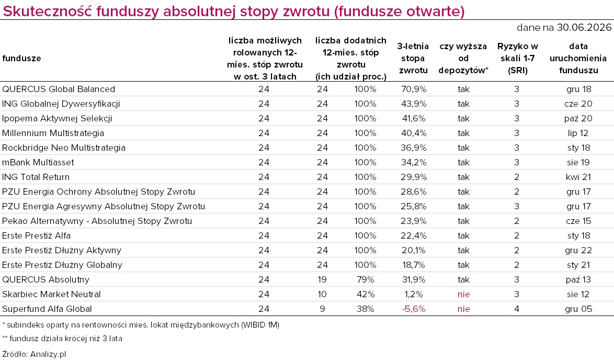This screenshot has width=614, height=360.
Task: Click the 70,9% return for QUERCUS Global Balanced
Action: (x=414, y=89)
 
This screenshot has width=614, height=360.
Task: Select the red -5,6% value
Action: (x=414, y=309)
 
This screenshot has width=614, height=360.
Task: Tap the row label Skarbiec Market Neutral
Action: (x=51, y=294)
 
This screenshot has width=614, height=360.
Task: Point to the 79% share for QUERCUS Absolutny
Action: (x=366, y=280)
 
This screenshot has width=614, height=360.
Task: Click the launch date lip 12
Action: (x=578, y=133)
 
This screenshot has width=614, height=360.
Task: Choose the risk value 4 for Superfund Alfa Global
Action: (x=517, y=309)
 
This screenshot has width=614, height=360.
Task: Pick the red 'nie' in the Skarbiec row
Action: (x=463, y=294)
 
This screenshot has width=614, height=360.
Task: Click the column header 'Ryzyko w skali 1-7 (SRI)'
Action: (x=518, y=59)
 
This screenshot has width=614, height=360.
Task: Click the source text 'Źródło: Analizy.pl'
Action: (x=34, y=354)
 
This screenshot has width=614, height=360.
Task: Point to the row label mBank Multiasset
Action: (x=38, y=163)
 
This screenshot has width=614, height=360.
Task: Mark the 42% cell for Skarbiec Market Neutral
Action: (x=366, y=294)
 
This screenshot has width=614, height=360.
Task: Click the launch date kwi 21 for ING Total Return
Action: (x=578, y=177)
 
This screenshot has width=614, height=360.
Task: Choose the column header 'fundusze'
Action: (x=21, y=59)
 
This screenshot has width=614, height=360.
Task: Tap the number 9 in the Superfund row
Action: (x=322, y=309)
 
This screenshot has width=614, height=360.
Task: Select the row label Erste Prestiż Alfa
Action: (x=37, y=236)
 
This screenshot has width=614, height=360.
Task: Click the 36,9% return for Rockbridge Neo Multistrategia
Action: (x=414, y=148)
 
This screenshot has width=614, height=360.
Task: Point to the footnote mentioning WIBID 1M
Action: (x=141, y=325)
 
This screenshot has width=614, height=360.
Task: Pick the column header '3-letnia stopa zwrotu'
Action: (x=413, y=59)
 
